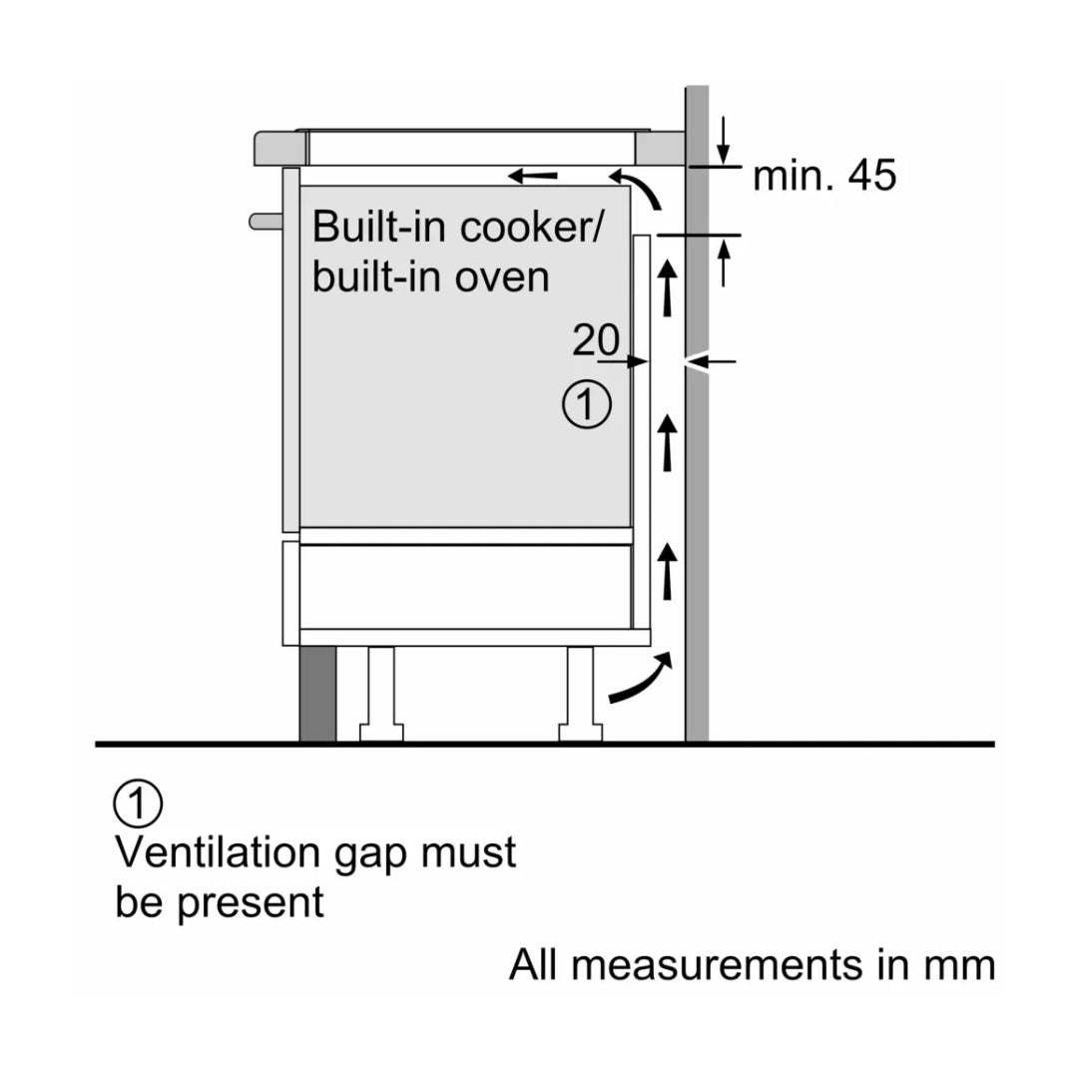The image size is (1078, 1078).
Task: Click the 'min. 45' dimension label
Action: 824,177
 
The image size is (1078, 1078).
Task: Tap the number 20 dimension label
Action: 595,341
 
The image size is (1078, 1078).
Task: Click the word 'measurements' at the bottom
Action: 725,965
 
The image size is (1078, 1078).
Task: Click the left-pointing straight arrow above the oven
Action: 533,177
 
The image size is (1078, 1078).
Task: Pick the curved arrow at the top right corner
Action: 639,189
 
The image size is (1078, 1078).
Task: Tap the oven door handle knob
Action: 264,220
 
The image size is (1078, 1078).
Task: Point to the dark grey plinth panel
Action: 317,694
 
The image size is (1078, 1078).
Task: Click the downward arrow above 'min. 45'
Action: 724,141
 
